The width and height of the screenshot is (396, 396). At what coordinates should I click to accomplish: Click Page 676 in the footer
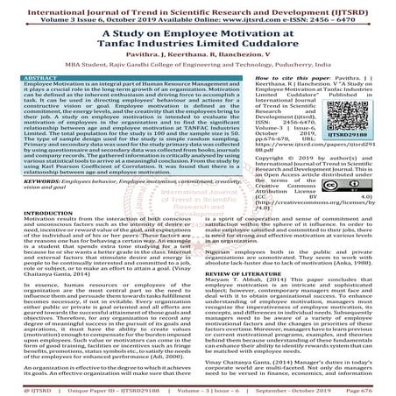pos(371,386)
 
